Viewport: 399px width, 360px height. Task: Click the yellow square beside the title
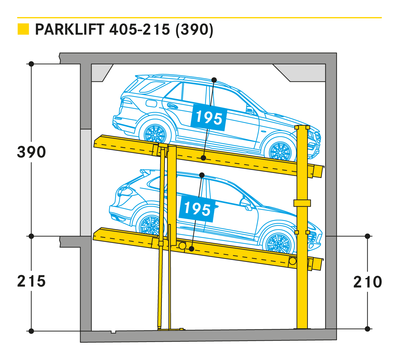pyautogui.click(x=23, y=29)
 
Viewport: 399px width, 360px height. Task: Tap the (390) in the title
pyautogui.click(x=194, y=30)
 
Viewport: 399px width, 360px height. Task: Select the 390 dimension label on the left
pyautogui.click(x=31, y=152)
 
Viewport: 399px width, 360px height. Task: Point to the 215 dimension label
pyautogui.click(x=31, y=281)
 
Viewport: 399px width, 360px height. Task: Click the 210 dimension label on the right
pyautogui.click(x=367, y=282)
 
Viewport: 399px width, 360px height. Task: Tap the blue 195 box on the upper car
pyautogui.click(x=209, y=117)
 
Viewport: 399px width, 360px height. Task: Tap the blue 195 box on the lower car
pyautogui.click(x=197, y=208)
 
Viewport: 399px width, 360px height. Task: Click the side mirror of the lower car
pyautogui.click(x=246, y=205)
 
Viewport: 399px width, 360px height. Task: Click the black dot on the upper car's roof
pyautogui.click(x=214, y=80)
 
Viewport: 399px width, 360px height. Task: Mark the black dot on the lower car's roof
pyautogui.click(x=202, y=175)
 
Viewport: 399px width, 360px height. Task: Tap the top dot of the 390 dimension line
pyautogui.click(x=31, y=64)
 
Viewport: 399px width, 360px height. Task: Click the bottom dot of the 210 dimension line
pyautogui.click(x=367, y=329)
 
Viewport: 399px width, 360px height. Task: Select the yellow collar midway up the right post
pyautogui.click(x=302, y=203)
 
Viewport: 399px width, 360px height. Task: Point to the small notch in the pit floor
pyautogui.click(x=113, y=332)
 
